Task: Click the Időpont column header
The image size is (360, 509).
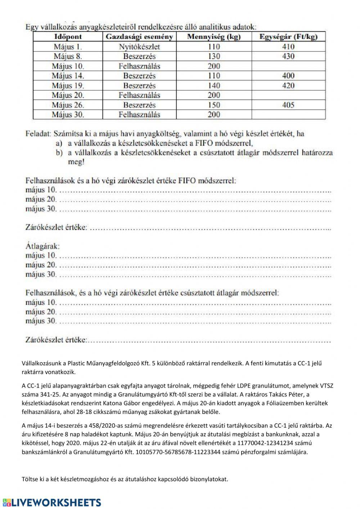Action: [68, 37]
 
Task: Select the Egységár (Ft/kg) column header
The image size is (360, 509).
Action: [288, 37]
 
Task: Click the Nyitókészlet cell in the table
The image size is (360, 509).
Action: [139, 47]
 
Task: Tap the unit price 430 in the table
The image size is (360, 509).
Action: [288, 56]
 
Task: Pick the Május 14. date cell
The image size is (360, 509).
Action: [68, 76]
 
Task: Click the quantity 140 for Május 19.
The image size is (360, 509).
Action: [214, 86]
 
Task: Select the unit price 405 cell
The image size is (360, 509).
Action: [288, 105]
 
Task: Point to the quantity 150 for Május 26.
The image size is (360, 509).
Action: [214, 105]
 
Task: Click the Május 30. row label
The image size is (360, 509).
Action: [68, 115]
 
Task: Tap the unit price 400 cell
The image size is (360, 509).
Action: [288, 76]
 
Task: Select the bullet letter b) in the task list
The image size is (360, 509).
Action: [59, 153]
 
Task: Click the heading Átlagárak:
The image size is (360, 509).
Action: [42, 246]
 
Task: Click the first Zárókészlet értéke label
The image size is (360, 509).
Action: [56, 227]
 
